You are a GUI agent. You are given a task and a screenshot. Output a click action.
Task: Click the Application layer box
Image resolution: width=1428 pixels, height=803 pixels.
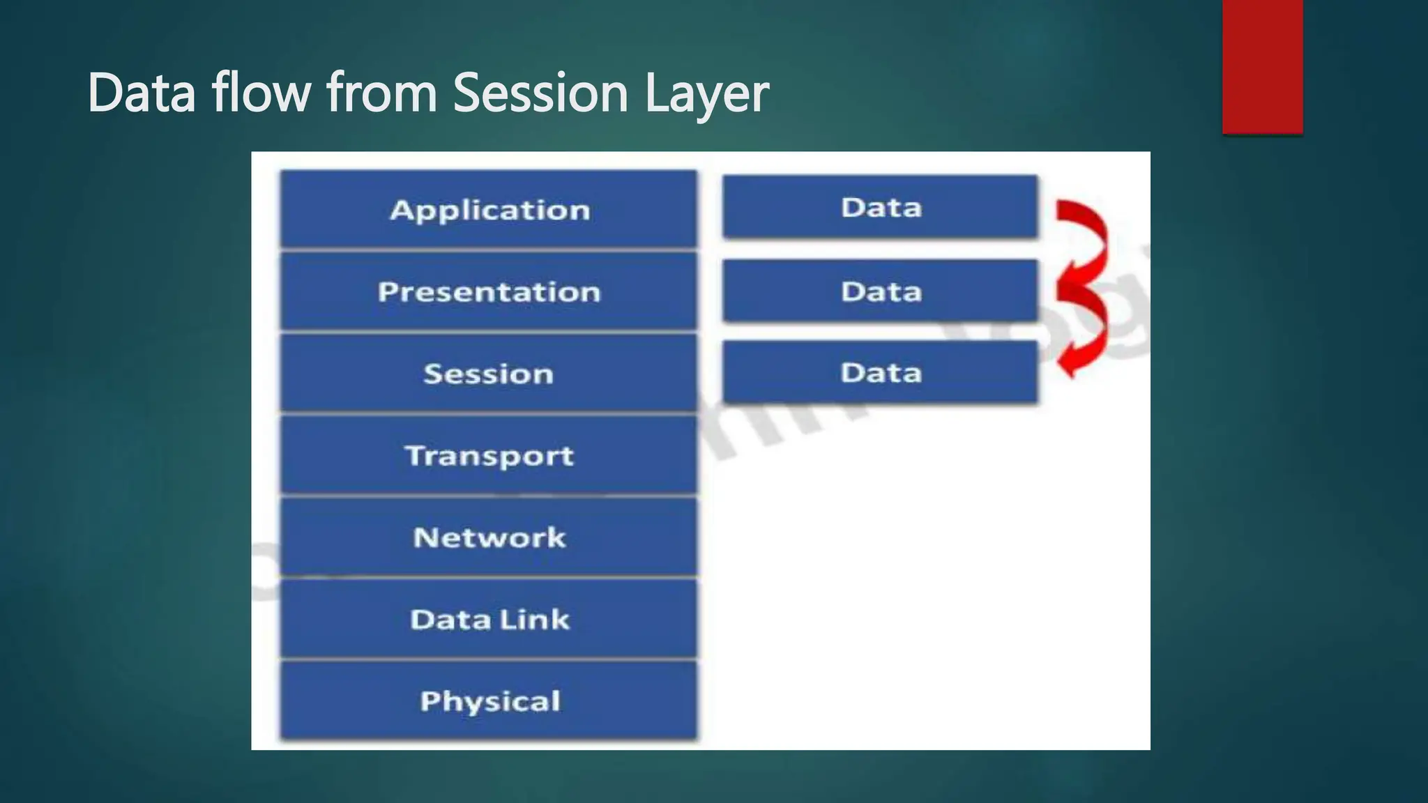coord(488,209)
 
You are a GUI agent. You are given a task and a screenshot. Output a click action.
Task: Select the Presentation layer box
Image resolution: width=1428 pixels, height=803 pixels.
coord(488,291)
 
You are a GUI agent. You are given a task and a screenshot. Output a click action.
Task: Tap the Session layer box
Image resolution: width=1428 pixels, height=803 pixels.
coord(488,374)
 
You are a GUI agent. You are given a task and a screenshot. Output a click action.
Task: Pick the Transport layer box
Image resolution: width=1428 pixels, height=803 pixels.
coord(488,456)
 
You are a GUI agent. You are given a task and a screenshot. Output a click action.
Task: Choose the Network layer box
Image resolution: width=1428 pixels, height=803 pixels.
coord(488,537)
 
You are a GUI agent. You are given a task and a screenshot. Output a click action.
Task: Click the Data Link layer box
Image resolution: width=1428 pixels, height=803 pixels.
coord(488,620)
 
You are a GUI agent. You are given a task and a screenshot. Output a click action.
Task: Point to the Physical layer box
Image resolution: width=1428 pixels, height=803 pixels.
coord(488,701)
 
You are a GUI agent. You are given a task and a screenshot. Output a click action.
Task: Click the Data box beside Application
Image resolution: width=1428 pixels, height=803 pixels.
coord(880,207)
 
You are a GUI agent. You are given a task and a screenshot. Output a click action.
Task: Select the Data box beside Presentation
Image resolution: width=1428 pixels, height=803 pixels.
coord(880,291)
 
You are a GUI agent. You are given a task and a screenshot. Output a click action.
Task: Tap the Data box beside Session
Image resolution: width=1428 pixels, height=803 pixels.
coord(880,372)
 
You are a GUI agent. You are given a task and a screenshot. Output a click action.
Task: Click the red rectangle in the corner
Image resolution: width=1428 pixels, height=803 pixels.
coord(1262,66)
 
